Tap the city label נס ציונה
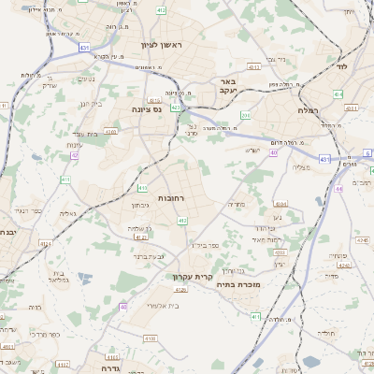coord(144,108)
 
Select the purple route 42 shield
coord(73,155)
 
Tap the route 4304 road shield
coord(280,203)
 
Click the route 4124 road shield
coord(45,245)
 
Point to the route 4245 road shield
coord(362,240)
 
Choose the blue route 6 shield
coord(367,152)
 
